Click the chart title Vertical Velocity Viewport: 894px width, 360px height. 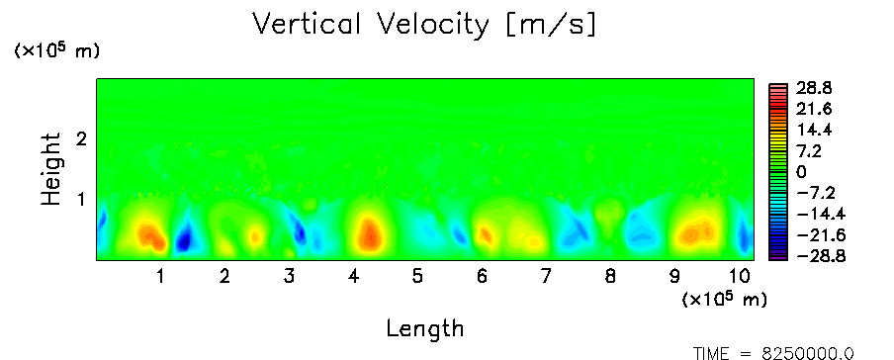tap(371, 24)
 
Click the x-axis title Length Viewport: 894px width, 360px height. tap(425, 328)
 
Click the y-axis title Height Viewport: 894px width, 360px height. tap(51, 169)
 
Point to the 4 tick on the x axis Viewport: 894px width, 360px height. tap(353, 277)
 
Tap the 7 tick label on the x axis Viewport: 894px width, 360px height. tap(546, 277)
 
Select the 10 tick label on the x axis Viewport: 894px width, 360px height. tap(740, 277)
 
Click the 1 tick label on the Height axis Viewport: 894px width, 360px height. tap(81, 200)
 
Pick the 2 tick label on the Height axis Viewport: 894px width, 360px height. tap(81, 138)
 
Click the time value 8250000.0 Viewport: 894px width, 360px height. tap(808, 353)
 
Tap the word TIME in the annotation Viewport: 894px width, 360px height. tap(712, 353)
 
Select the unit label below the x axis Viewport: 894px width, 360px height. tap(724, 299)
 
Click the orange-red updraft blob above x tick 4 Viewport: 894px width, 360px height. tap(370, 232)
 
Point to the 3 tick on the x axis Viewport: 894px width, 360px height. tap(289, 277)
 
